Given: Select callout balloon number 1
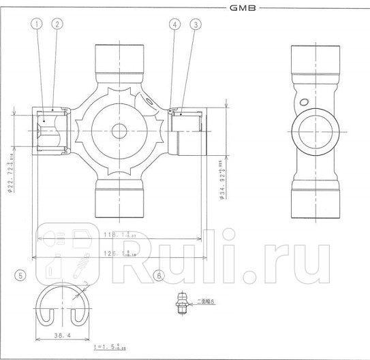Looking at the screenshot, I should (37, 24).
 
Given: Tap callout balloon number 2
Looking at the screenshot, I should (57, 24).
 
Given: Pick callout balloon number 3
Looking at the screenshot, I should (197, 24).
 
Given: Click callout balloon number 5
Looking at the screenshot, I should (21, 276).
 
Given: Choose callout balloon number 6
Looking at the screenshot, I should (159, 276).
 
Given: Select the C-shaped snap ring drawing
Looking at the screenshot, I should (65, 303).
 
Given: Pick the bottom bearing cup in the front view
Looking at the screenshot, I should (119, 198).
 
